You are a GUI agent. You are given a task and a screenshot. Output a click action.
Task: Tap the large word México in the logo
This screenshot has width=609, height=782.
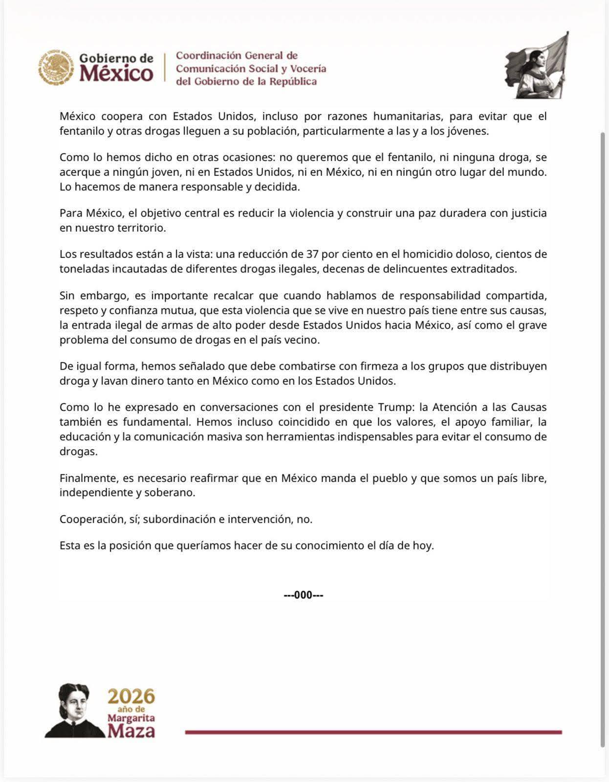coord(116,74)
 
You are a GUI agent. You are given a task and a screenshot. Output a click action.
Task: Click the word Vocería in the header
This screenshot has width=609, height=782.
coord(307,68)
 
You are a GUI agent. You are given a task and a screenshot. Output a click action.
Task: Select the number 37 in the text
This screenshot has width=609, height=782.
coord(312,254)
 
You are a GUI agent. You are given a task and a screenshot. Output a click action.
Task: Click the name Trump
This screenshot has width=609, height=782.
coord(393,407)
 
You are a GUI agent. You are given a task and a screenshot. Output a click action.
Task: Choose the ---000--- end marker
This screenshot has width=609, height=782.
coord(304,595)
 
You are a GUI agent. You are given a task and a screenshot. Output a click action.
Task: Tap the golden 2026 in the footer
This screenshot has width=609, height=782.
coord(131,696)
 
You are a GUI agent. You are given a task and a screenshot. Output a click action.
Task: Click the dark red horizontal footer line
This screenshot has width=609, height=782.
coord(373,732)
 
